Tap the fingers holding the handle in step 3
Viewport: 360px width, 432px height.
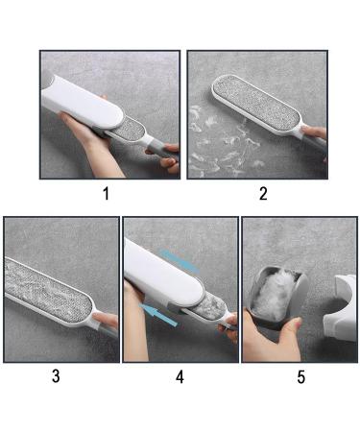click(107, 323)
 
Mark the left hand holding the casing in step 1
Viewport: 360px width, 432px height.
click(91, 144)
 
